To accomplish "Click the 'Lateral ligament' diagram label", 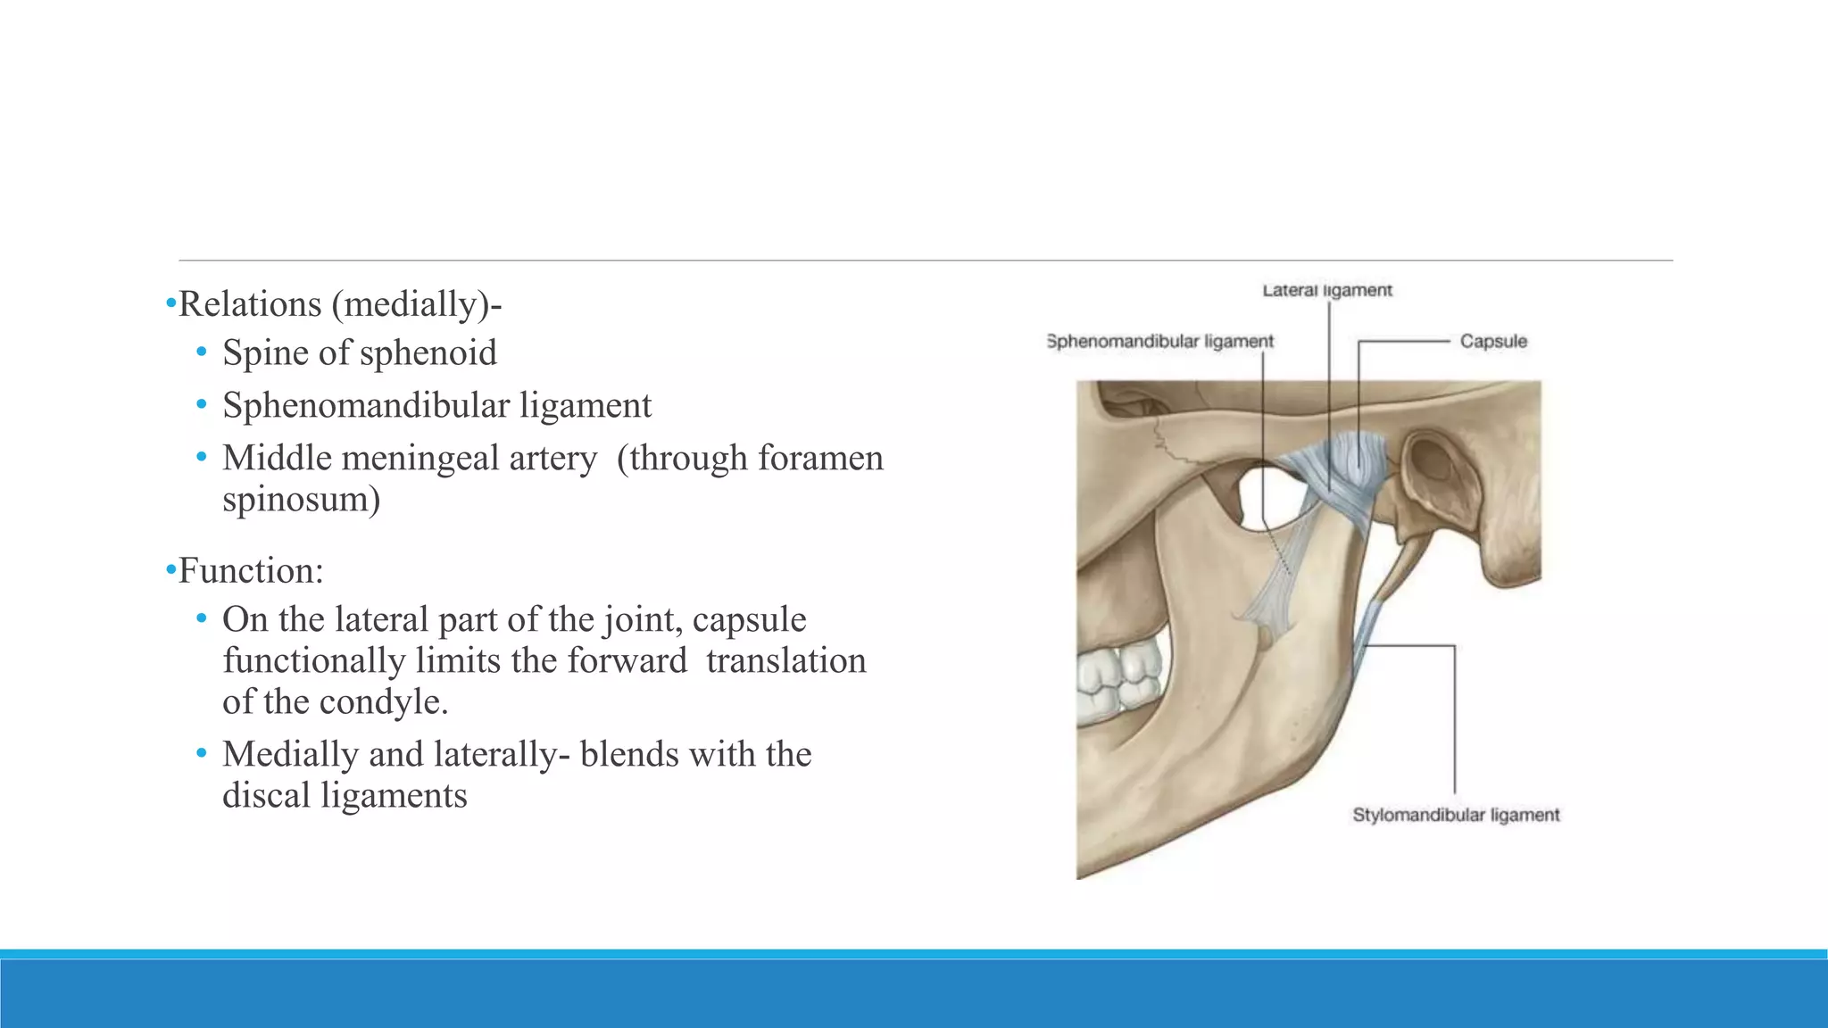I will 1327,290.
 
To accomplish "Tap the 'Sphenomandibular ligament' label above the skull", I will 1160,341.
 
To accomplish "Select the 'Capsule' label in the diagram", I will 1493,341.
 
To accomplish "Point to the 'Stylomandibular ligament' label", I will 1456,815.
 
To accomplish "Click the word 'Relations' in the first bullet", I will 250,304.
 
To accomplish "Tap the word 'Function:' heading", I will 251,571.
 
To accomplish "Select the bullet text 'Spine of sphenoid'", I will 360,352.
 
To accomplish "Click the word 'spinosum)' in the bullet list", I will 302,499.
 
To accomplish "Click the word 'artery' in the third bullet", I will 553,459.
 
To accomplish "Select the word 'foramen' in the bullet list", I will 820,459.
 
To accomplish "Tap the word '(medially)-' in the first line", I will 417,304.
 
